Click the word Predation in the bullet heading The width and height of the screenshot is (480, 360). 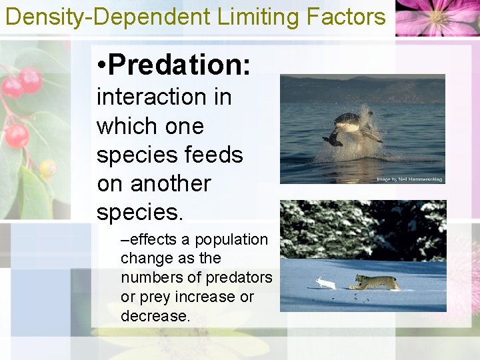[179, 65]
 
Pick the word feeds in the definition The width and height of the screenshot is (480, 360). [214, 155]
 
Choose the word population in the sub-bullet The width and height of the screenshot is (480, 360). [233, 240]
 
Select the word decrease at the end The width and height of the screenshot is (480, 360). [155, 315]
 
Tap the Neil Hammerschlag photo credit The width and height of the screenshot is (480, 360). [409, 179]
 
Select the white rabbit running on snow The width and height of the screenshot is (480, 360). [326, 283]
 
